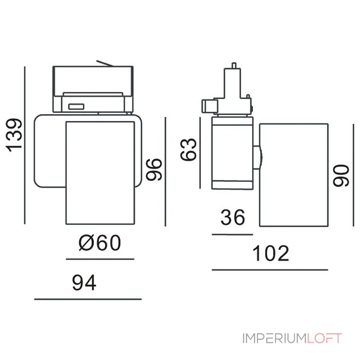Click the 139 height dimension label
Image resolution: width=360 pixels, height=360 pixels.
(14, 135)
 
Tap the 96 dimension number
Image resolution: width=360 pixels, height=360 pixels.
(154, 170)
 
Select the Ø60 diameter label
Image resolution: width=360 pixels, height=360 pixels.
(99, 243)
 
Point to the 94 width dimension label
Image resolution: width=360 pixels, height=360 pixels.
(84, 283)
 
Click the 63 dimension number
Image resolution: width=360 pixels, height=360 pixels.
(188, 149)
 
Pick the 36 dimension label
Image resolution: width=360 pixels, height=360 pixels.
(233, 217)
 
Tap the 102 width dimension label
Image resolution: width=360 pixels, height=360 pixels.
(270, 253)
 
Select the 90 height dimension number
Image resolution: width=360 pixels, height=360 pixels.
(341, 175)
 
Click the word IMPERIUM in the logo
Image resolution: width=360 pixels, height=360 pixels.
(274, 338)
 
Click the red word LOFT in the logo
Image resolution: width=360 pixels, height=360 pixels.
(324, 338)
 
